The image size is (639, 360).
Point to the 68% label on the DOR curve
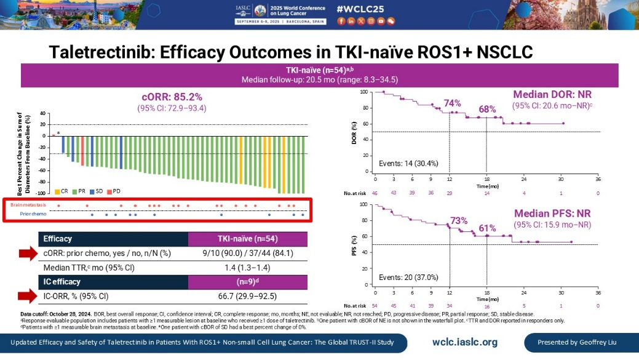coord(487,110)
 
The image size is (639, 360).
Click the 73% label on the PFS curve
coord(459,220)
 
